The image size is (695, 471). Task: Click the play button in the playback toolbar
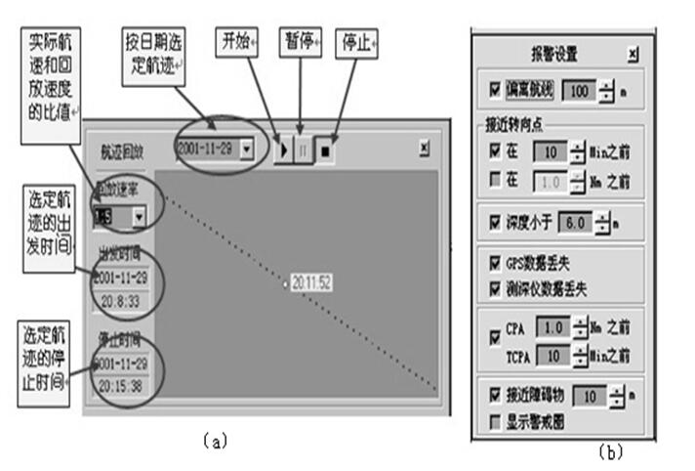click(284, 152)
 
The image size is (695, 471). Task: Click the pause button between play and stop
click(303, 152)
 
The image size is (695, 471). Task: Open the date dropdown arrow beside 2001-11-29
click(247, 149)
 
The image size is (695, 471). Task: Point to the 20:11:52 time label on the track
click(311, 282)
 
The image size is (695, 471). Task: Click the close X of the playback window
click(424, 149)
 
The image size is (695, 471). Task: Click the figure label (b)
click(611, 451)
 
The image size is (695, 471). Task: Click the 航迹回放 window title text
click(124, 153)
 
